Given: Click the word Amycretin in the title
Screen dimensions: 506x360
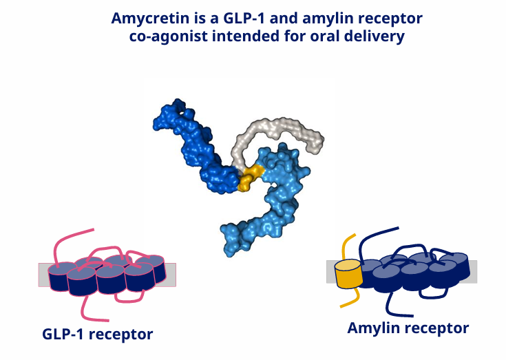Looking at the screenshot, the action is point(150,19).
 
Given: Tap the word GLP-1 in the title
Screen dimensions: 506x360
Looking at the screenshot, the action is point(244,18).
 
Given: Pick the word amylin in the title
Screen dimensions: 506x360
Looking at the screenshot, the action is point(325,19).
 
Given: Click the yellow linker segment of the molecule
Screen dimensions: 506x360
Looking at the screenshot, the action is point(251,178).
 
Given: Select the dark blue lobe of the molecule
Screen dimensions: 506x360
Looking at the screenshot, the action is point(197,149).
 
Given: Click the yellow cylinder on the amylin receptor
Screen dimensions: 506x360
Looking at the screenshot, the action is point(348,274).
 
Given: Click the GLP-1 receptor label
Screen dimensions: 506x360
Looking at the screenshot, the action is point(98,335).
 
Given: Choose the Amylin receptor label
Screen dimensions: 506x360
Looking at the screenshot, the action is point(408,328).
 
